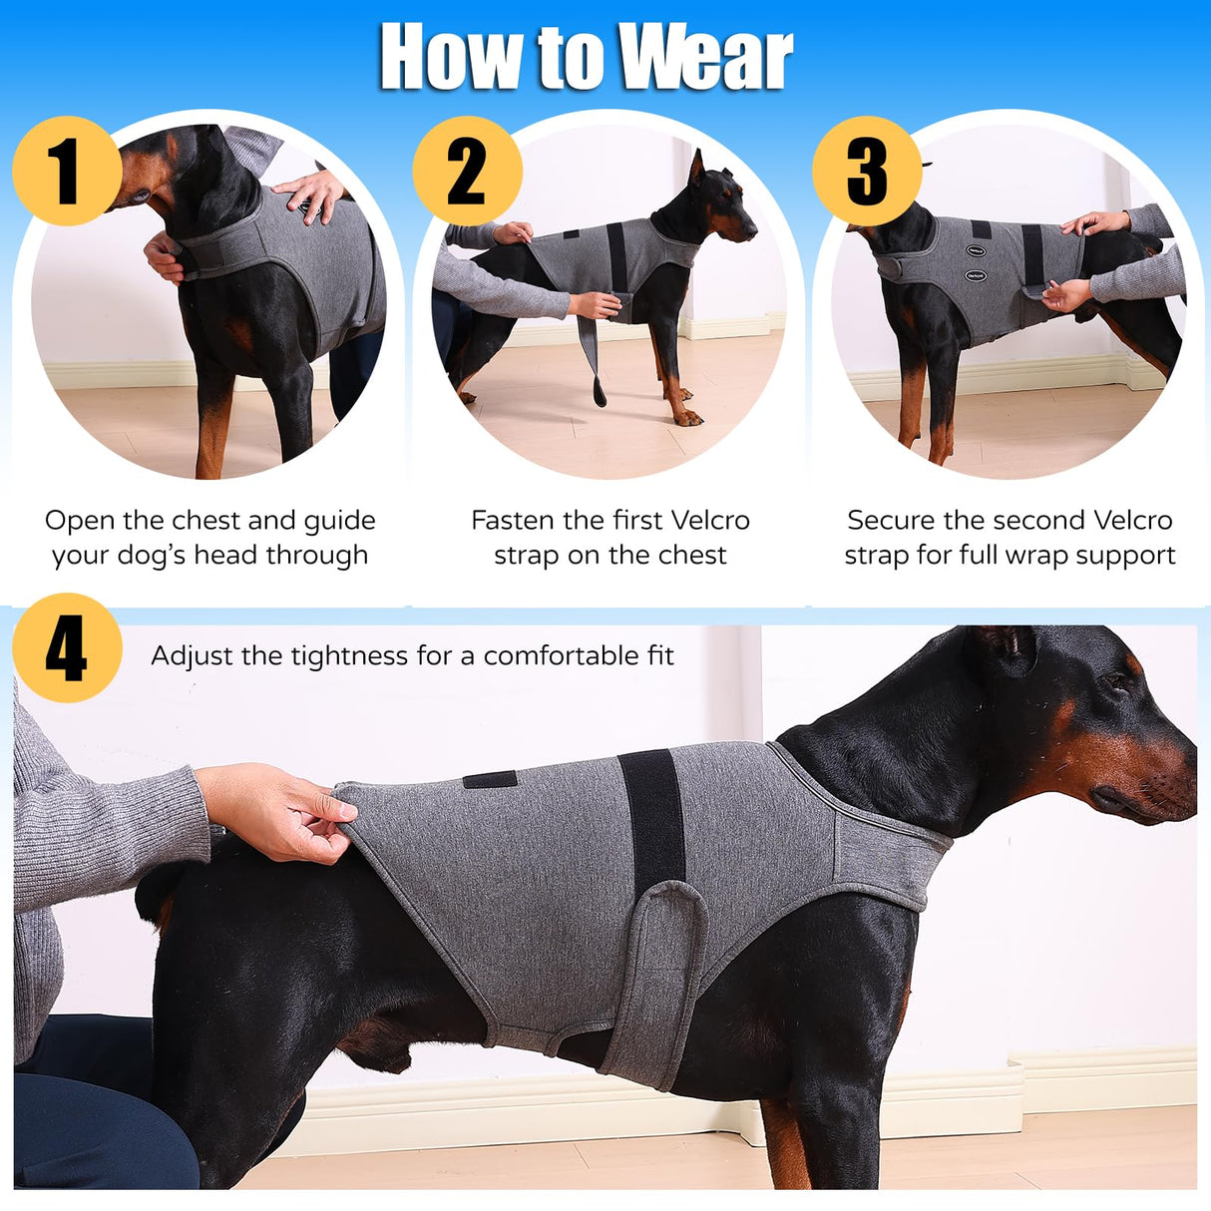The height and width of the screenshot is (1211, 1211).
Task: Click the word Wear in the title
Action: (x=704, y=57)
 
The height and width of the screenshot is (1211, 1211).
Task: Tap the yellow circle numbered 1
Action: (x=66, y=171)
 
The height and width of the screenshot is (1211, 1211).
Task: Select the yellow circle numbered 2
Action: (x=467, y=171)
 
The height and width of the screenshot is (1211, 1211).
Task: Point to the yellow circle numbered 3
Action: (x=867, y=171)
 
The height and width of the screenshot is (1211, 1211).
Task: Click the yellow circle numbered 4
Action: (x=67, y=648)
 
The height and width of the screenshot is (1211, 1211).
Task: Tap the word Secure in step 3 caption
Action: (x=891, y=521)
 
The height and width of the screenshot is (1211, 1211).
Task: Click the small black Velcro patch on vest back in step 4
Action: (x=490, y=779)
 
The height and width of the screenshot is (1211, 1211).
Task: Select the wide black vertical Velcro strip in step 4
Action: (x=652, y=818)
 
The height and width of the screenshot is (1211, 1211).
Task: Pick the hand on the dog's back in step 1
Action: (x=312, y=192)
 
